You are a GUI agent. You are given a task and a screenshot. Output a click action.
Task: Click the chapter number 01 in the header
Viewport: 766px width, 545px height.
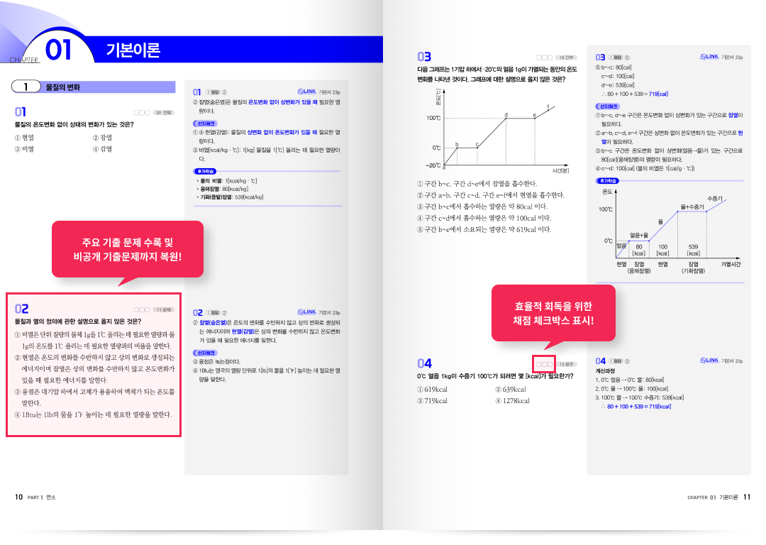(59, 50)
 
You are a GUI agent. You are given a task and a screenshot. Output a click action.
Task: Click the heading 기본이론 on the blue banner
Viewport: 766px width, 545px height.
(133, 50)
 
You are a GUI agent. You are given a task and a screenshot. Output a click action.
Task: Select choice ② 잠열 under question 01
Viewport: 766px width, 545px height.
(103, 137)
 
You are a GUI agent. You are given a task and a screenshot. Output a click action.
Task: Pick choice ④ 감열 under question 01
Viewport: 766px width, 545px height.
(103, 149)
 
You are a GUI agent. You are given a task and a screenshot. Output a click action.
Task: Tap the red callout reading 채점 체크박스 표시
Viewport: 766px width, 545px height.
(553, 313)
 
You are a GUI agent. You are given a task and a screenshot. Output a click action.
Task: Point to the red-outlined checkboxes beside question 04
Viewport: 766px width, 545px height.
(545, 365)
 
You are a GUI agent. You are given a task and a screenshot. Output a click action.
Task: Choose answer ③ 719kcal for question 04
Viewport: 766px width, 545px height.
(432, 401)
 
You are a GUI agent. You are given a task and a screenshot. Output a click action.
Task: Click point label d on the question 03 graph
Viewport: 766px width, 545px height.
(506, 115)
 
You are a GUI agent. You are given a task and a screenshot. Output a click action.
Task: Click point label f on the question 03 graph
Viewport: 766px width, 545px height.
(548, 106)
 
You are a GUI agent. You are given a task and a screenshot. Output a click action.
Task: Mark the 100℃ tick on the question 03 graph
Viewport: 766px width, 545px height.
(433, 118)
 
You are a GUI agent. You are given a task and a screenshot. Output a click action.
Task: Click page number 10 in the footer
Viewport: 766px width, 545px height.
(19, 497)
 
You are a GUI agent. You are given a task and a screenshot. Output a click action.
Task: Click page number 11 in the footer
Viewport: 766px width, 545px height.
(747, 497)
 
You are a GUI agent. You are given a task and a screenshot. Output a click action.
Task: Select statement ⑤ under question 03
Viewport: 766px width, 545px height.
(484, 229)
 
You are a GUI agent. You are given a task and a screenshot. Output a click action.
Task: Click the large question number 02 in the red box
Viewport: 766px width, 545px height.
(22, 309)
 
